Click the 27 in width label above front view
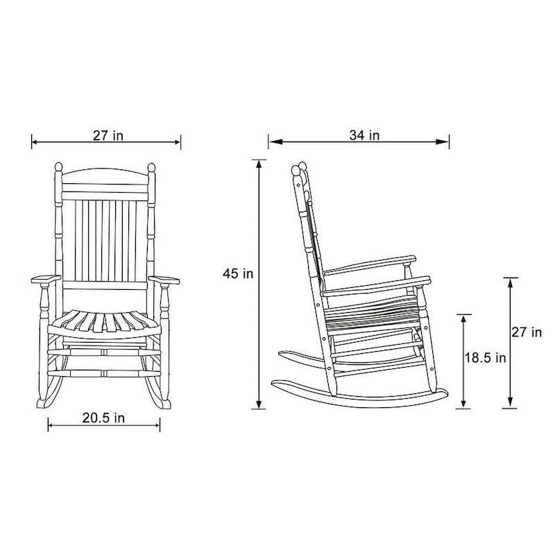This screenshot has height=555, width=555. pyautogui.click(x=108, y=135)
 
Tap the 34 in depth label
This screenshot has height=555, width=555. pyautogui.click(x=364, y=135)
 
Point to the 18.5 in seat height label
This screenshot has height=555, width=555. pyautogui.click(x=485, y=358)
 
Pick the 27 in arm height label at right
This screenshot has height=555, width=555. pyautogui.click(x=527, y=332)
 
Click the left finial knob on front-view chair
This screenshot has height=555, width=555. pyautogui.click(x=58, y=169)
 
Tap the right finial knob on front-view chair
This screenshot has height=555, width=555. pyautogui.click(x=151, y=169)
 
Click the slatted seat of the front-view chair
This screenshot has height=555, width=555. pyautogui.click(x=104, y=323)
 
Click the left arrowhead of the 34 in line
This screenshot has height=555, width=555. pyautogui.click(x=272, y=143)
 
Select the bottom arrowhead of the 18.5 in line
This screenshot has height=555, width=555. pyautogui.click(x=463, y=405)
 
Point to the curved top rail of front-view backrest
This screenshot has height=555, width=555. pyautogui.click(x=104, y=173)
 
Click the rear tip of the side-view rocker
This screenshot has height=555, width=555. pyautogui.click(x=273, y=382)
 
